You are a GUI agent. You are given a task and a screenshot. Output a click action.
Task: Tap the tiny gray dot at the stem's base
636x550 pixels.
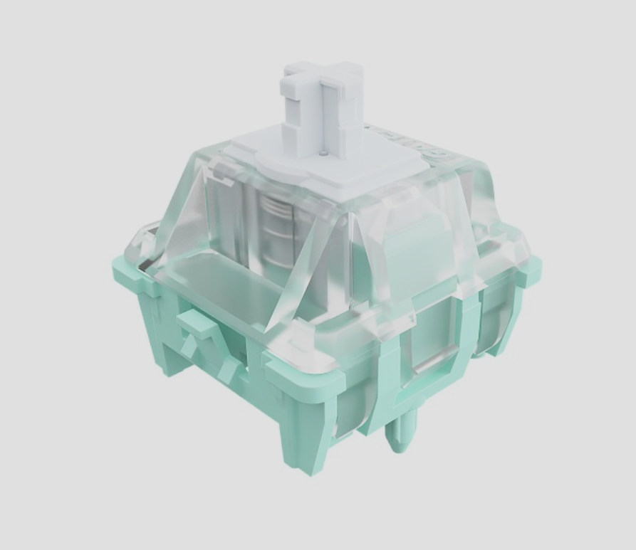pos(324,151)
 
